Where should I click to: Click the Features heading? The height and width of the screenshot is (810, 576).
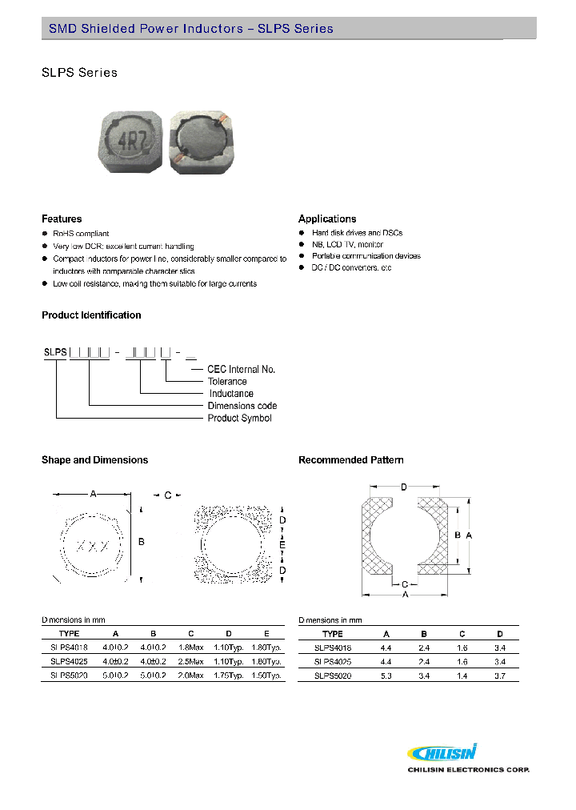62,219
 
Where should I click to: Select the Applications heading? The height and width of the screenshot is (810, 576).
327,219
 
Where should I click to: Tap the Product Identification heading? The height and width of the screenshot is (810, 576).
91,315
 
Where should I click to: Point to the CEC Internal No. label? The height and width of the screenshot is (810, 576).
241,369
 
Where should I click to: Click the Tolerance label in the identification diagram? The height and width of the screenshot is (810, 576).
228,382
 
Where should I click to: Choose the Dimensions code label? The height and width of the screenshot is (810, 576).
242,406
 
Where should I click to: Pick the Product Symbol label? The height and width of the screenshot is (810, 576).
239,418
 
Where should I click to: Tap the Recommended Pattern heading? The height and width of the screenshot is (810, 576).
350,460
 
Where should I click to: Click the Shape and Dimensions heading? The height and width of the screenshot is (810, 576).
94,460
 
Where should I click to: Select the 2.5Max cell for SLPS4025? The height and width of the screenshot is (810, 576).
190,662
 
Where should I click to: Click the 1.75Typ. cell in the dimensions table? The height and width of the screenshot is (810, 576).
230,676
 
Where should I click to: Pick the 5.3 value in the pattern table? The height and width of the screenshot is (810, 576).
386,676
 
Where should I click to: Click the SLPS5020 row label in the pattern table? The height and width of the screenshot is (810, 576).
332,676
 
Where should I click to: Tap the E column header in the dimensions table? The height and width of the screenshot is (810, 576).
266,633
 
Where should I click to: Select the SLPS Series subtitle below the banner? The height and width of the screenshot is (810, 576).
79,73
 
